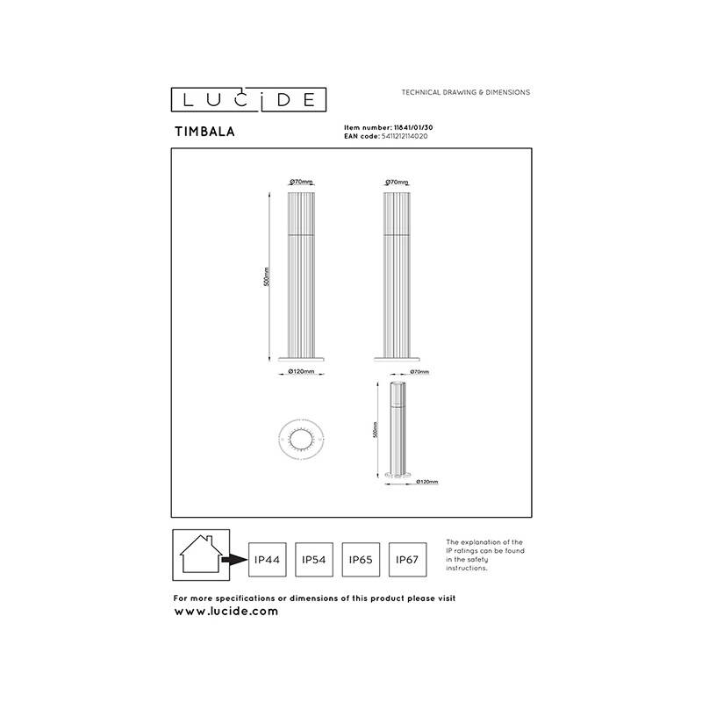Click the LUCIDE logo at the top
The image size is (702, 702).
pos(243,98)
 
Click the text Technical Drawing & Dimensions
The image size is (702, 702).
pos(465,92)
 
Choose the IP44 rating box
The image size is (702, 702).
pos(267,558)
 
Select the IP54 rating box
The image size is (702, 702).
pos(314,558)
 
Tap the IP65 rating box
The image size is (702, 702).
pos(362,558)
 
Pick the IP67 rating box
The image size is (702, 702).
pos(409,558)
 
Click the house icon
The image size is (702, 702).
pos(200,554)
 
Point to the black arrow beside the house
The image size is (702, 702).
pos(233,559)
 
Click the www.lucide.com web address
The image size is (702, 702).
pos(226,611)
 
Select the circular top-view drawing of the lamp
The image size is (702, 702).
pos(300,438)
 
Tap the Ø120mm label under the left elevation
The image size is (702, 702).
pos(301,371)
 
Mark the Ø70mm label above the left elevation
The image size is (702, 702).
pos(301,182)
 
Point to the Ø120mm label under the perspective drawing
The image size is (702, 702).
pos(426,482)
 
